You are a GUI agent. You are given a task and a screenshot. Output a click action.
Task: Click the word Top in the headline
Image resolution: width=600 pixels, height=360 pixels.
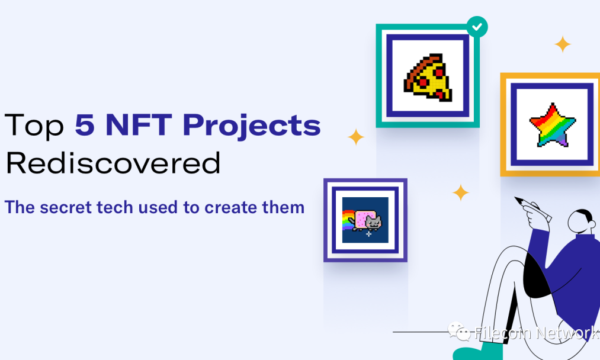[34, 125]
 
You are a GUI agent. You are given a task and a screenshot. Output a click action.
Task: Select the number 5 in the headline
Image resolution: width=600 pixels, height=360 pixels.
[85, 125]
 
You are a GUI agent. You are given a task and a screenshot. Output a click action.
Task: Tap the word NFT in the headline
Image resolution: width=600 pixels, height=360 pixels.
[139, 125]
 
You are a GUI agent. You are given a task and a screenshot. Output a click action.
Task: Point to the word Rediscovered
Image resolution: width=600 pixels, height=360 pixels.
[113, 163]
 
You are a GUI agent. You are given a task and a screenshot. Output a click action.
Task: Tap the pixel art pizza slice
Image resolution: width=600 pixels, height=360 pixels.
[428, 77]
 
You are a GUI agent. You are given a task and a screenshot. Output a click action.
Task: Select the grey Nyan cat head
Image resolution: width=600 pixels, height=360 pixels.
[374, 222]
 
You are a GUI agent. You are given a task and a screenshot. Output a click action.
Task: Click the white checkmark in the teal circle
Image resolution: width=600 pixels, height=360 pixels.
[477, 27]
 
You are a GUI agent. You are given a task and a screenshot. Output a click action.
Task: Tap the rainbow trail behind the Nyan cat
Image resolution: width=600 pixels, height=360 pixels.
[348, 220]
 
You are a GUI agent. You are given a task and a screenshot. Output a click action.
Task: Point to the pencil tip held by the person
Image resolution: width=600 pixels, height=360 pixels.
[516, 198]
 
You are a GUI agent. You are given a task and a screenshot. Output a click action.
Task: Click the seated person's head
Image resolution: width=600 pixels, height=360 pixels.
[581, 221]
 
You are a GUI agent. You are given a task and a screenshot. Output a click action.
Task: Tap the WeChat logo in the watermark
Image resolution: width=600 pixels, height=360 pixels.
[458, 332]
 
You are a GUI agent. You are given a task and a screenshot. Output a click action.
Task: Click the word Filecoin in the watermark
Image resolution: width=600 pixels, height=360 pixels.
[502, 333]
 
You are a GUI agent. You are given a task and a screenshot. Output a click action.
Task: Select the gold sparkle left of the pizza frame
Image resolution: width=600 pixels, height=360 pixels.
[356, 137]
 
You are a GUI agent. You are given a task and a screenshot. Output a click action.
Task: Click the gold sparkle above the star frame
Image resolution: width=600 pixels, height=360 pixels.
[563, 44]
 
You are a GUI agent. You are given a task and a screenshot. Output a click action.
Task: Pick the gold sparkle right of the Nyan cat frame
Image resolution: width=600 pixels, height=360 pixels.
[461, 192]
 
